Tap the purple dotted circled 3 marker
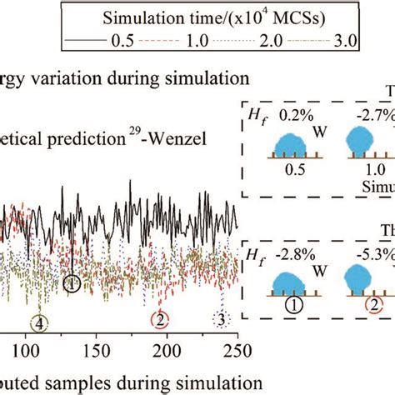pos(221,342)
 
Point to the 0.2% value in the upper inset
pos(287,118)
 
